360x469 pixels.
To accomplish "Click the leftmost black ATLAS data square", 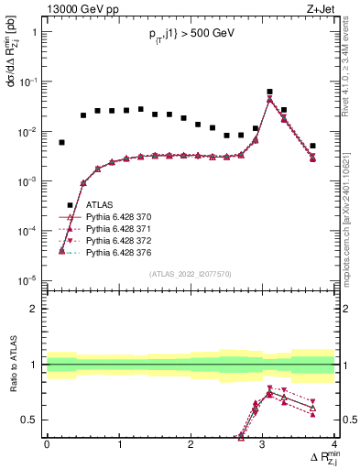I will (61, 142).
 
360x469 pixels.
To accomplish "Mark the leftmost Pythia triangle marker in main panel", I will (61, 250).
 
